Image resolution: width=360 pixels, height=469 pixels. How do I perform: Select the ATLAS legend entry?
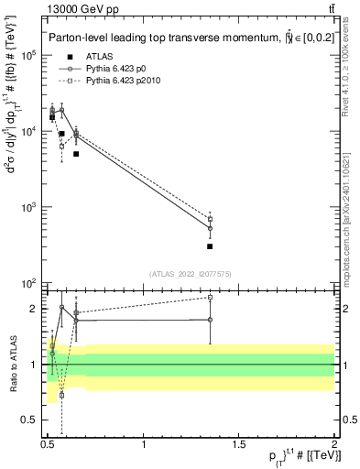tap(99, 57)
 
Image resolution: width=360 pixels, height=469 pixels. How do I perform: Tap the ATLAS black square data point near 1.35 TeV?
tap(210, 246)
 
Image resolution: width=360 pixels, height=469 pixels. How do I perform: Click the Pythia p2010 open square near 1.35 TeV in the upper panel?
tap(210, 220)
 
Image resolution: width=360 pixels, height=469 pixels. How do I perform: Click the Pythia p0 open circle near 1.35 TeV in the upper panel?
tap(210, 229)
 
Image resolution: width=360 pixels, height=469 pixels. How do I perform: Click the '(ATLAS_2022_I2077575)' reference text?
tap(191, 274)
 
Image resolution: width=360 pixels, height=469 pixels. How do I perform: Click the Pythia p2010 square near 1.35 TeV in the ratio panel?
tap(210, 297)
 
